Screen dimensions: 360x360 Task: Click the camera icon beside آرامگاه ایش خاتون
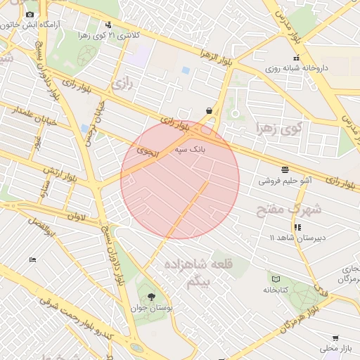coord(30,15)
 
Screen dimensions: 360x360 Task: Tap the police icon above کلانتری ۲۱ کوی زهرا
coord(107,24)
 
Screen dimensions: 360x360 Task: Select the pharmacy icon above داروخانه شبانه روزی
coord(297,58)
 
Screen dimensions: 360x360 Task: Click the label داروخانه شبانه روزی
coord(297,70)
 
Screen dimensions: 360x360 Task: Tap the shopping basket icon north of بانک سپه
coord(210,110)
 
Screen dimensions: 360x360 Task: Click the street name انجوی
coord(148,150)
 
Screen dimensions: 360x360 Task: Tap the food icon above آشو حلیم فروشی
coord(285,169)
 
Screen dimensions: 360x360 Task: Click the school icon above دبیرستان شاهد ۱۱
coord(298,227)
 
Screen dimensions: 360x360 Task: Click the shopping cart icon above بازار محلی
coord(335,337)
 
